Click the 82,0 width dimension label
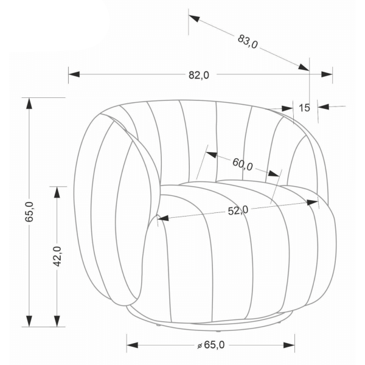click(x=199, y=75)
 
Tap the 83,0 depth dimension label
click(x=248, y=41)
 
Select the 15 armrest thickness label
click(x=304, y=108)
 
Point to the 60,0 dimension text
click(x=243, y=164)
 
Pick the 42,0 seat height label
click(x=57, y=256)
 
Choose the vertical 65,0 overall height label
click(x=30, y=212)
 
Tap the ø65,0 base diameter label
click(x=211, y=345)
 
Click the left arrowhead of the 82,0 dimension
click(x=74, y=74)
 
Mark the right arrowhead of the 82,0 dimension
click(x=327, y=74)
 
